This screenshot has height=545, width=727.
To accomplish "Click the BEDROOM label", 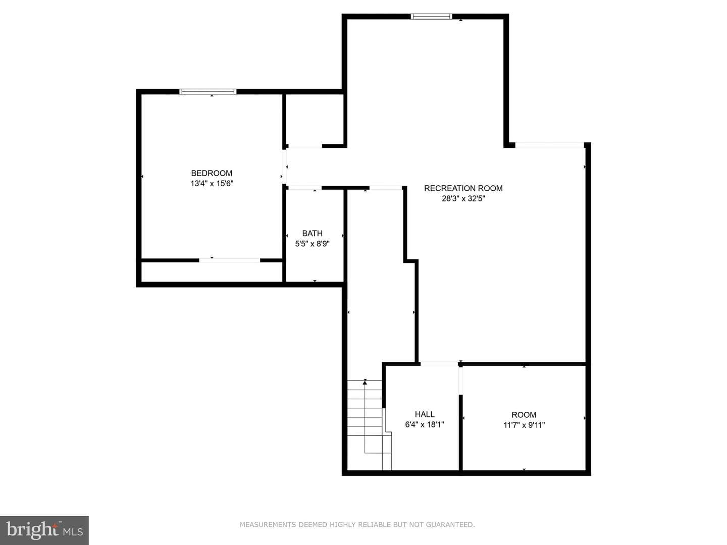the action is pos(212,173).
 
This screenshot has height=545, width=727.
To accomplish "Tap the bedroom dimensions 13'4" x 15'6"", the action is pos(212,183).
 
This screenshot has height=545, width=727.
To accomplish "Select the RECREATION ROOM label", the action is pos(463,188).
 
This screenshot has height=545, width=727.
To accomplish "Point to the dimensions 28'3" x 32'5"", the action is pos(463,198).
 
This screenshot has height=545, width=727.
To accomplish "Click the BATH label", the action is pos(312,233).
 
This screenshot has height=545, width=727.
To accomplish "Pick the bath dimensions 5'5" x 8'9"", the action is pos(312,244).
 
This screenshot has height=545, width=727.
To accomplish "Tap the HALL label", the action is pos(425,414).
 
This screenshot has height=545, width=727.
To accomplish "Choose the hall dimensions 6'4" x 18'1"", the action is pos(424,424).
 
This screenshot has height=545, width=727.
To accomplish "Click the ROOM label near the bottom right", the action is pos(524,415).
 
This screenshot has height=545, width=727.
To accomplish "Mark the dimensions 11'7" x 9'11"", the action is pos(524,425).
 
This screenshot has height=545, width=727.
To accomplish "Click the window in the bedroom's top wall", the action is pos(208,92).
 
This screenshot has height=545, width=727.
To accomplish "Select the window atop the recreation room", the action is pos(431,17).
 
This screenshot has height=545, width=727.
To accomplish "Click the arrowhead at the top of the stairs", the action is pos(365,383).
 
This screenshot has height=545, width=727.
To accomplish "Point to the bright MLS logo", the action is pos(44,530).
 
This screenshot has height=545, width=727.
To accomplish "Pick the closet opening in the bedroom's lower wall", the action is pos(230,260).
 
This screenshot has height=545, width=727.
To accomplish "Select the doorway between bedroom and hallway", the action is pos(284,167).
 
